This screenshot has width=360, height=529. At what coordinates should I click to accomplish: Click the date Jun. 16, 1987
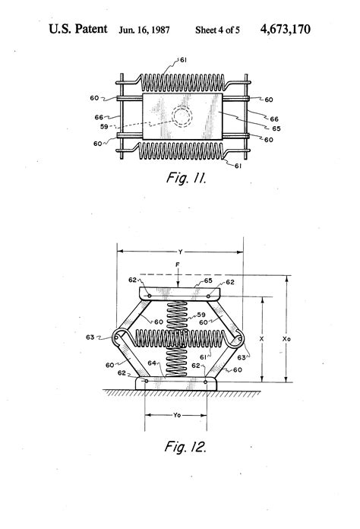tap(145, 30)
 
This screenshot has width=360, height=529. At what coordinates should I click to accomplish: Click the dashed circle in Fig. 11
tap(182, 119)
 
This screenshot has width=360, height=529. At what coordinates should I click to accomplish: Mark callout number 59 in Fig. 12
tap(202, 314)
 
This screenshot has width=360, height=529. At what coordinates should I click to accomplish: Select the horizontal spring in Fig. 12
tap(179, 335)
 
